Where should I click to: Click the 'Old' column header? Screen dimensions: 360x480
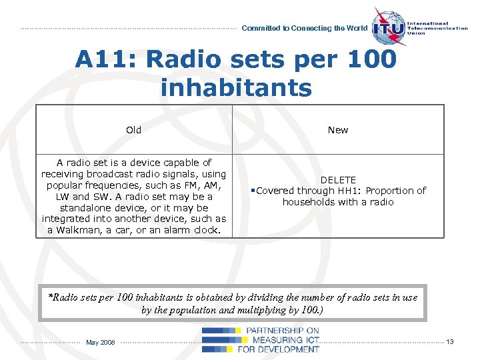[133, 130]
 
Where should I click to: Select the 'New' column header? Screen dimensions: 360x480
[338, 130]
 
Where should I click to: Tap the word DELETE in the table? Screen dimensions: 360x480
[338, 180]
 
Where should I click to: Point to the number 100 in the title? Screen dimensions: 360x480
[371, 60]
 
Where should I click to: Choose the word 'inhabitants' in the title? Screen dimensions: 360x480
[236, 87]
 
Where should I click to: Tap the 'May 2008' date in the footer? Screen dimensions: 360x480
[101, 343]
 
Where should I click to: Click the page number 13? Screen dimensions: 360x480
[450, 342]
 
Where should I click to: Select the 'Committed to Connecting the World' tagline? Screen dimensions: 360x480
[304, 28]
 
